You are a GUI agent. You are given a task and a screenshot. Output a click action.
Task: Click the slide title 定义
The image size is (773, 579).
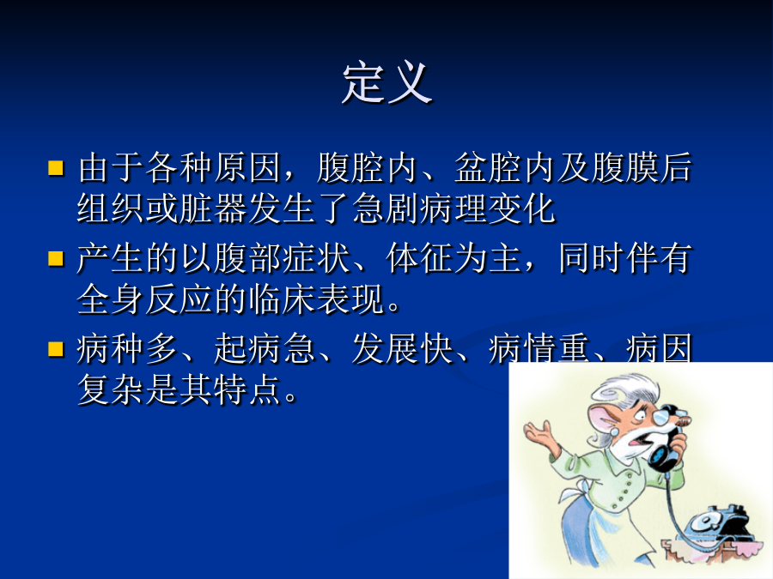point(387,83)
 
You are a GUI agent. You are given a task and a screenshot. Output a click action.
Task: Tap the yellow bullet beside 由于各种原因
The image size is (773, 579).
point(56,168)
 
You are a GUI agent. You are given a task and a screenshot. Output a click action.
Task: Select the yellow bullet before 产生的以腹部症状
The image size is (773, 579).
point(56,258)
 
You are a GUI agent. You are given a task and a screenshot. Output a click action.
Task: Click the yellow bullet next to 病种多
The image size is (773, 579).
point(56,348)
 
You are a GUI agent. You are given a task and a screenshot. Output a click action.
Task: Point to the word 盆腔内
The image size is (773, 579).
point(504,168)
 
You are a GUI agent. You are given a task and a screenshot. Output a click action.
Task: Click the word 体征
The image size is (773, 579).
point(420,258)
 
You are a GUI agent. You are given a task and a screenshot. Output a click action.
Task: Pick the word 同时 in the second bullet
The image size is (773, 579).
point(592,258)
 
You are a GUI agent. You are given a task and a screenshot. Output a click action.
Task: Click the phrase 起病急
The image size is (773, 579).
point(265,348)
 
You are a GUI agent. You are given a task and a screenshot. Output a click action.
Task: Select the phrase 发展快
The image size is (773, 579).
point(402,348)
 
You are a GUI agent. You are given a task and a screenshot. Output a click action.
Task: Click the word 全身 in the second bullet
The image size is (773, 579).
point(111,299)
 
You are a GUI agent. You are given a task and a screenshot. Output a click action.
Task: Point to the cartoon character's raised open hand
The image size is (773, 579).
point(541,434)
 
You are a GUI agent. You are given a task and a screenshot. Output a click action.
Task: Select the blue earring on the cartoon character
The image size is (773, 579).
point(615,431)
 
